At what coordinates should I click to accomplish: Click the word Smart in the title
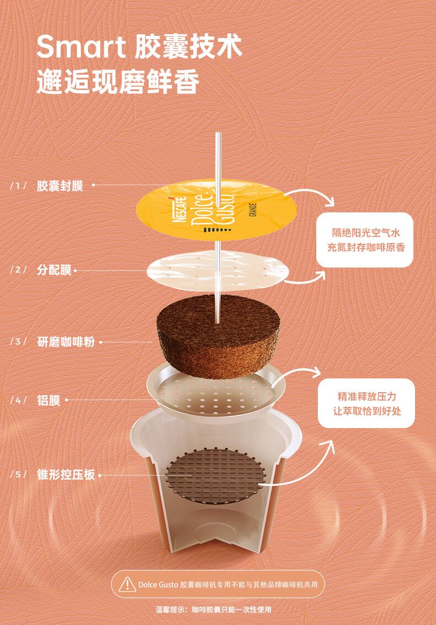pyautogui.click(x=81, y=47)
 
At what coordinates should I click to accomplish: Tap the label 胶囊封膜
pyautogui.click(x=60, y=186)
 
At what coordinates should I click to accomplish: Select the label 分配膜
pyautogui.click(x=54, y=270)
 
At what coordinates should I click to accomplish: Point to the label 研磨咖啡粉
pyautogui.click(x=66, y=341)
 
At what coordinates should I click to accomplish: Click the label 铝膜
pyautogui.click(x=49, y=400)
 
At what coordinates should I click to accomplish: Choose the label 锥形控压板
pyautogui.click(x=66, y=474)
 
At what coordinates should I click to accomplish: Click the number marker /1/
pyautogui.click(x=18, y=186)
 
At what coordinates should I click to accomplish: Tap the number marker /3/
pyautogui.click(x=18, y=341)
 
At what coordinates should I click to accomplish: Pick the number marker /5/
pyautogui.click(x=18, y=474)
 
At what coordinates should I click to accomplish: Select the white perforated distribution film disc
pyautogui.click(x=218, y=271)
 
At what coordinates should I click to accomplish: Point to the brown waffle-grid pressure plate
pyautogui.click(x=215, y=476)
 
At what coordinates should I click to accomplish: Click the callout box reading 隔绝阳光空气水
pyautogui.click(x=365, y=240)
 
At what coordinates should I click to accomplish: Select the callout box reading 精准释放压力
pyautogui.click(x=366, y=403)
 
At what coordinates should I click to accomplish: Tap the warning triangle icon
pyautogui.click(x=127, y=584)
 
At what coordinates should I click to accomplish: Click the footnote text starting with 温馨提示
pyautogui.click(x=214, y=610)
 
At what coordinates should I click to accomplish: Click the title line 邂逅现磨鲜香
pyautogui.click(x=118, y=83)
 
